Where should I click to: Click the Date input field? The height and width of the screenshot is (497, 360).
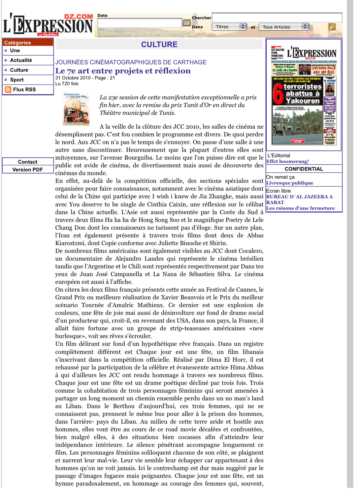139,23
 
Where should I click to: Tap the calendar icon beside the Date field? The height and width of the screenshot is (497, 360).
187,23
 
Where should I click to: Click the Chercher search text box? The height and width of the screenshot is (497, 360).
277,18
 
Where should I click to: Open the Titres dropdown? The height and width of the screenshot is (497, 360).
229,27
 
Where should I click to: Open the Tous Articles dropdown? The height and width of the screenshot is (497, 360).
283,27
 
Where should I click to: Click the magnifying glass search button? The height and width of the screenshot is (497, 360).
332,27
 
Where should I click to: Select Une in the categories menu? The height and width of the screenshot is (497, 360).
15,51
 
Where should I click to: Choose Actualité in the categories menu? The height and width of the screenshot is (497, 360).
21,60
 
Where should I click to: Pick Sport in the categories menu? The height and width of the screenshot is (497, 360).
17,80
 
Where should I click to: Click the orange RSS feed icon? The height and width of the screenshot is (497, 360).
8,90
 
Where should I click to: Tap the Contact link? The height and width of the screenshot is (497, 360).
28,162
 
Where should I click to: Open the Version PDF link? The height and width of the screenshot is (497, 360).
28,170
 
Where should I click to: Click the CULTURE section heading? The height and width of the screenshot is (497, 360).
159,44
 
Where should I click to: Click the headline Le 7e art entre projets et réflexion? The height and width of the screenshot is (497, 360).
123,71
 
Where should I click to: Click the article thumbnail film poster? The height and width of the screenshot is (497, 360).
76,109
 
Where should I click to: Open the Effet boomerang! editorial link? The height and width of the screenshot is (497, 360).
287,161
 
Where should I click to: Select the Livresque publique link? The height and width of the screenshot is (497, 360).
290,183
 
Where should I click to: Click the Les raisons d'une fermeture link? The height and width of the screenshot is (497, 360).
300,208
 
